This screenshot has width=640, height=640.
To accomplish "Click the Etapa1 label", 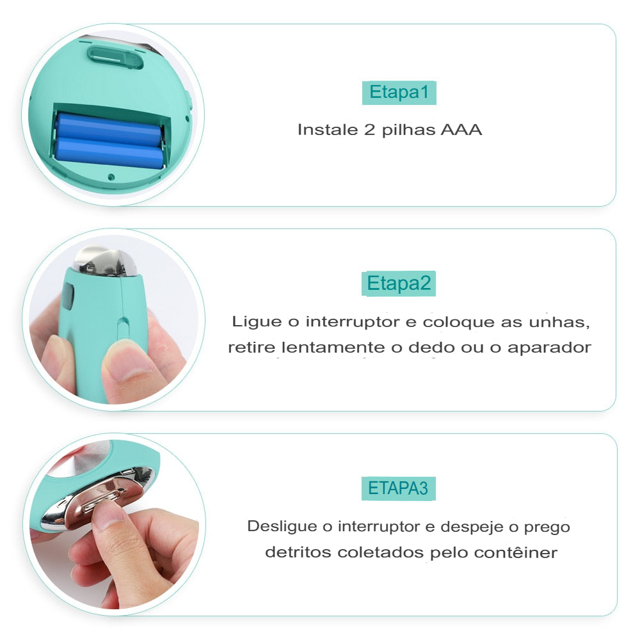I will (x=399, y=93).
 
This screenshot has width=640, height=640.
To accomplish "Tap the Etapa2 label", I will (x=399, y=283).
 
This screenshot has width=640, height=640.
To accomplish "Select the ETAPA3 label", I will (x=398, y=488).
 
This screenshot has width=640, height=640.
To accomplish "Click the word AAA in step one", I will (x=461, y=130).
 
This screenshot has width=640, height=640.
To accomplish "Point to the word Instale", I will (x=324, y=130).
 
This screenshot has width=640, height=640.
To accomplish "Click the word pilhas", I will (x=409, y=130).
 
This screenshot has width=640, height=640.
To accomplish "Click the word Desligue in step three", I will (x=282, y=527).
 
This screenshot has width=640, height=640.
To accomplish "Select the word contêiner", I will (x=515, y=552).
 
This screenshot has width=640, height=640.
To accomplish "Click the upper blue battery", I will (x=109, y=129).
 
